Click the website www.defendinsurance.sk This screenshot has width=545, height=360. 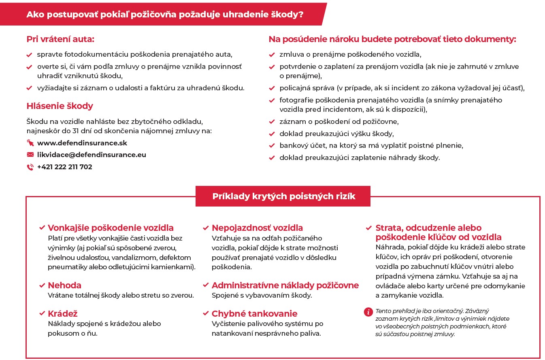82,143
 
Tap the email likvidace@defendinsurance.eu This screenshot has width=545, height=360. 92,155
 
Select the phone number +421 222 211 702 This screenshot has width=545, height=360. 65,167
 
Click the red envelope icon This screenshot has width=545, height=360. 30,155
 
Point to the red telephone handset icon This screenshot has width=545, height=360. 30,167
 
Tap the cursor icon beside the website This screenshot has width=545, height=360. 30,143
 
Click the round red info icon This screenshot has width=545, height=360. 368,311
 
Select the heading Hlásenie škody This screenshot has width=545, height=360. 60,106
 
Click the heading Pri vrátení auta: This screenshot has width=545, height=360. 60,39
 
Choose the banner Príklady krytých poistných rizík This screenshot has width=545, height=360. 283,196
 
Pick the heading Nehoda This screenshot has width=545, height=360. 65,285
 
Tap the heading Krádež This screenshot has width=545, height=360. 63,313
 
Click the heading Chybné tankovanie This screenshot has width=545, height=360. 254,313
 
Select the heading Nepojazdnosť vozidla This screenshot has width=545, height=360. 257,228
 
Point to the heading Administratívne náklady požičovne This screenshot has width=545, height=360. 285,285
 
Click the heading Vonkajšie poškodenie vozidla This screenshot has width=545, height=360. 111,228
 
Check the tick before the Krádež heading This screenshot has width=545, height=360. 42,314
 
